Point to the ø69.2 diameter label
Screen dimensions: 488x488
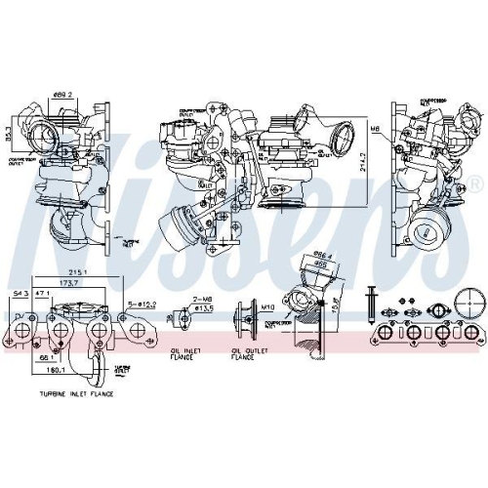63,93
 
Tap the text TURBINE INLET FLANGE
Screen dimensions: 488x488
77,394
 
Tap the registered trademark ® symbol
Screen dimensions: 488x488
475,183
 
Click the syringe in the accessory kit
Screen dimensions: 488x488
372,302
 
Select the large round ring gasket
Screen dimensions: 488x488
472,302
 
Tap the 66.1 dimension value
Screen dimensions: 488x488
47,357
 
